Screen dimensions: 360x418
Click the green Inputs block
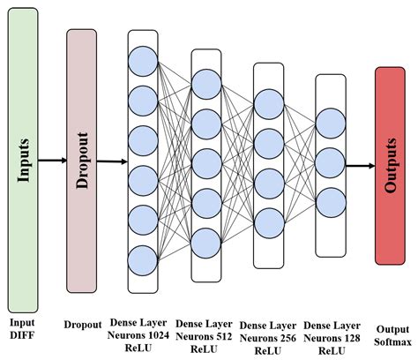(25, 159)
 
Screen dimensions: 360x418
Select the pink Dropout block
(81, 160)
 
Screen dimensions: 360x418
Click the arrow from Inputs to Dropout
(52, 160)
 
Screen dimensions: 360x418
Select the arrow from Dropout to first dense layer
(111, 161)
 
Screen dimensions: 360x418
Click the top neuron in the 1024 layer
(142, 61)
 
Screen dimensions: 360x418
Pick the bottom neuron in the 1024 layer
(142, 260)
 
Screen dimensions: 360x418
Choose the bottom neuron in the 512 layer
(205, 241)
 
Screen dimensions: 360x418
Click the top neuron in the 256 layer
(268, 99)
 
